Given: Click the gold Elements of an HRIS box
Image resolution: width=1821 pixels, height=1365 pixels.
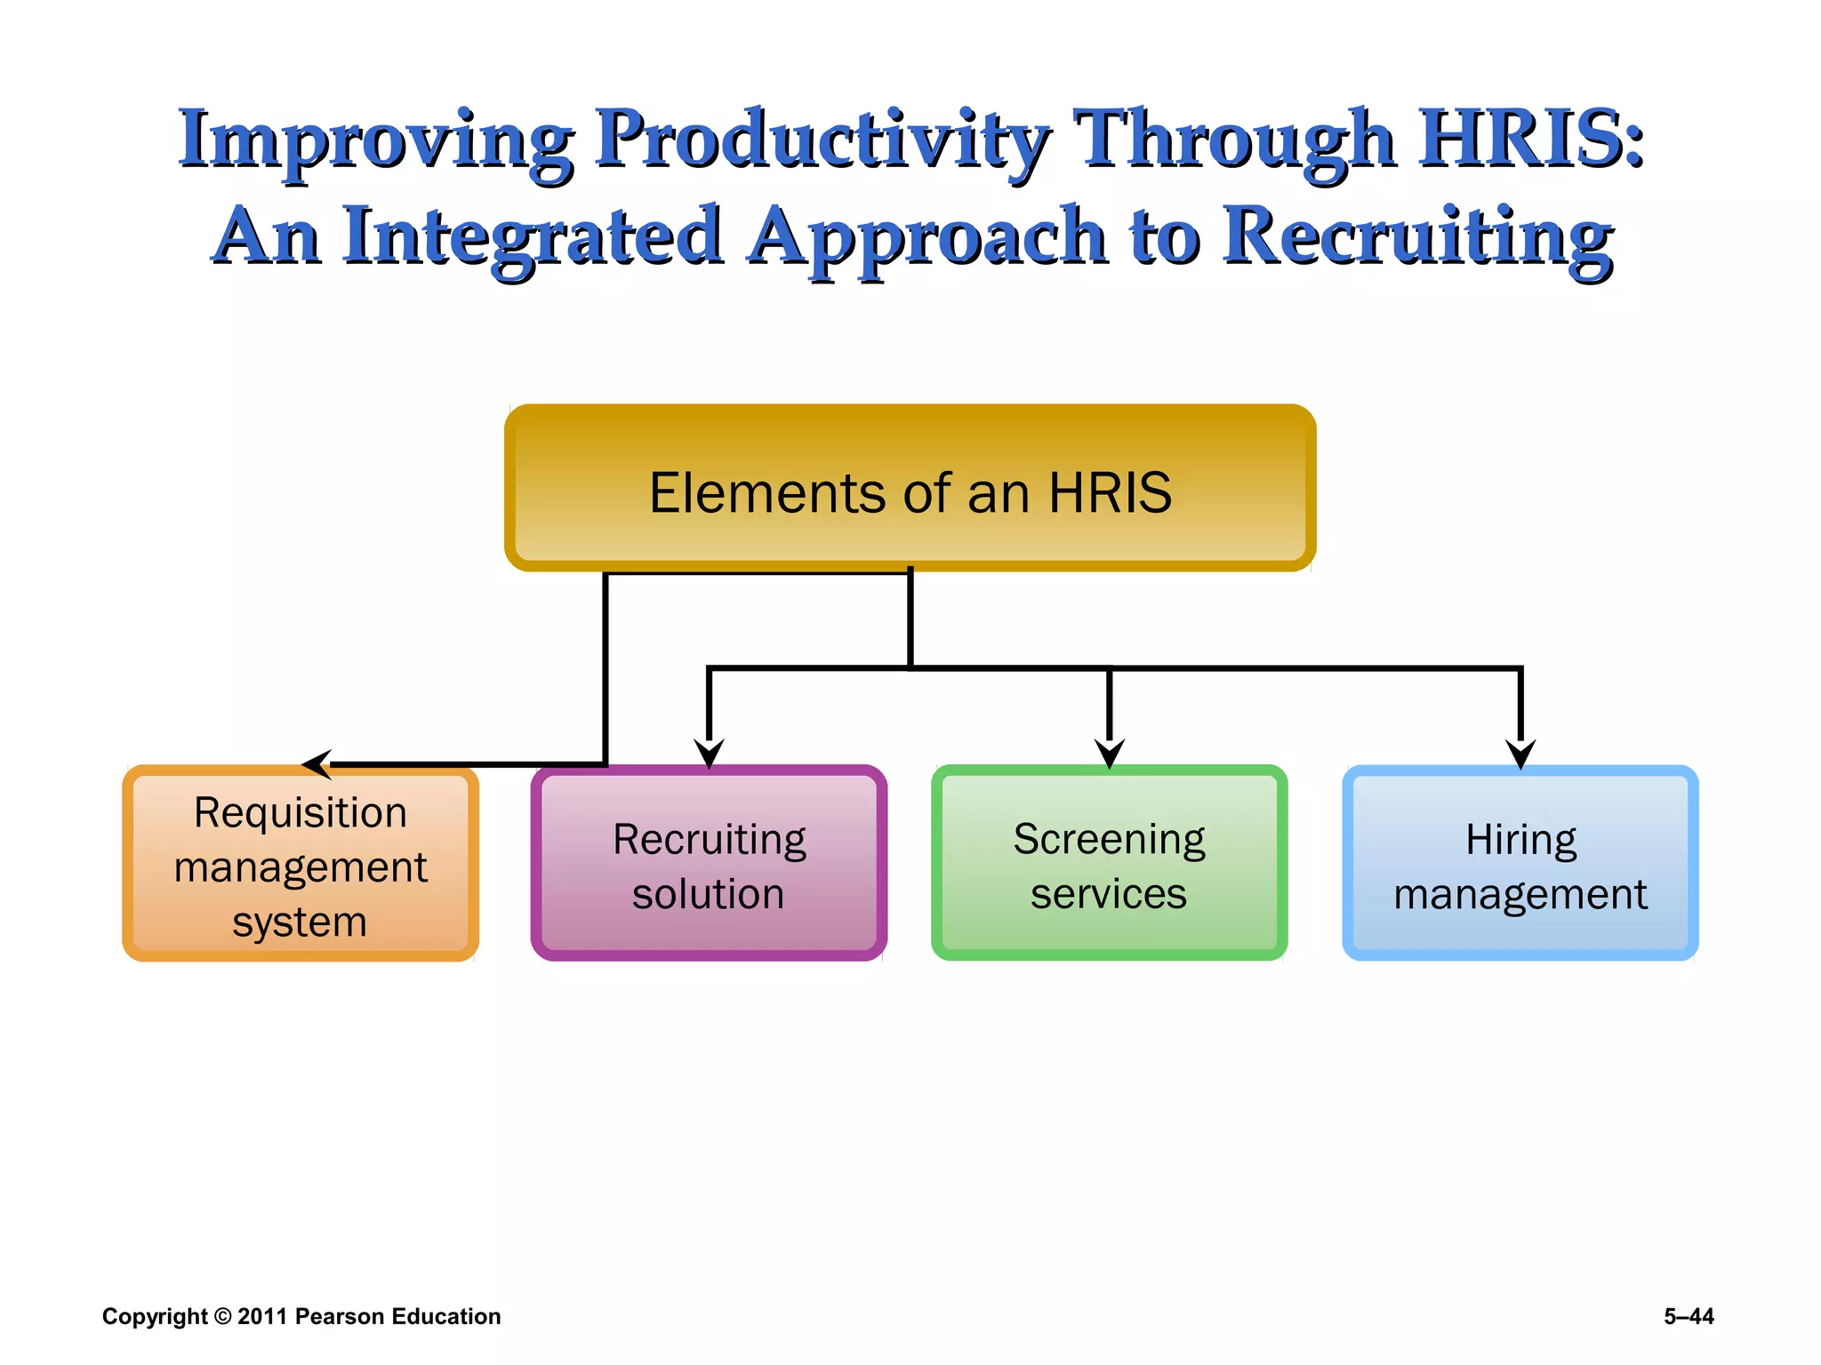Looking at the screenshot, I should point(910,489).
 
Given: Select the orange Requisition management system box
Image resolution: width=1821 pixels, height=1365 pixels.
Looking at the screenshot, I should point(301,864).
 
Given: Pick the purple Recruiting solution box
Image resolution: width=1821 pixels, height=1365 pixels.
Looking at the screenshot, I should point(709,864).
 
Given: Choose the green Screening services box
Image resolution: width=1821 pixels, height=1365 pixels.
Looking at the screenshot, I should point(1109,864).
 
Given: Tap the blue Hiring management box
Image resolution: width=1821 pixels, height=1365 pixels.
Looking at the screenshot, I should point(1520,864).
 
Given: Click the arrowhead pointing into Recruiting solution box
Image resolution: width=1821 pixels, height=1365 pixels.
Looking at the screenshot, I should point(709,754).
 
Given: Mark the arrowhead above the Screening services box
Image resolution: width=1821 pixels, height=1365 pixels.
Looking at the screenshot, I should point(1109,754).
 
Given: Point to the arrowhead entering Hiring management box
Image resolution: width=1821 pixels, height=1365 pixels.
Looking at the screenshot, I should point(1520,754).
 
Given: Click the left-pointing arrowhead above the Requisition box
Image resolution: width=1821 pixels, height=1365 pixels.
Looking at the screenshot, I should point(317,764).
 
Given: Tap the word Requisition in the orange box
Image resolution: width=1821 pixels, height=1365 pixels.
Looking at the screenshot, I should point(301,813).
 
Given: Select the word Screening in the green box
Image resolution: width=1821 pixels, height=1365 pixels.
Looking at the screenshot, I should point(1109,840).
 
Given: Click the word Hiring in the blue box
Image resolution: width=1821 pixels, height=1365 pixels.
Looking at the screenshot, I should point(1520,840).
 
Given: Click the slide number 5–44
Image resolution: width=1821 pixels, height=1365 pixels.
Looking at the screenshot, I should point(1689,1316).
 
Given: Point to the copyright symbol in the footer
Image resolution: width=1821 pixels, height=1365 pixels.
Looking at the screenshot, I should point(222,1316).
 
